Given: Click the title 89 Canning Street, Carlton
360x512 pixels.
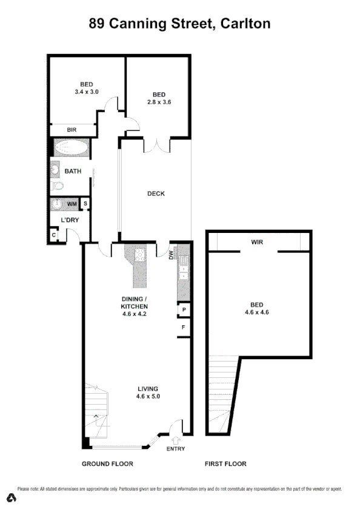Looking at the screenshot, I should pyautogui.click(x=179, y=24).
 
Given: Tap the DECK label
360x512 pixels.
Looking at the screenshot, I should pyautogui.click(x=156, y=194).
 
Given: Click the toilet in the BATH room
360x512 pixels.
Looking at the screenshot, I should pyautogui.click(x=57, y=186).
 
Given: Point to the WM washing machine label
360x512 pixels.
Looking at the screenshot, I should pyautogui.click(x=72, y=204).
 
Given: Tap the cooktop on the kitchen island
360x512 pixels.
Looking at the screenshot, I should pyautogui.click(x=139, y=255).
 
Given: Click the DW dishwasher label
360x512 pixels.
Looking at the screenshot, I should pyautogui.click(x=172, y=255).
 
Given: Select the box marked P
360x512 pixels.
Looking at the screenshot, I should pyautogui.click(x=182, y=310).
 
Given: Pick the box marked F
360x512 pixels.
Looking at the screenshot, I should pyautogui.click(x=182, y=328).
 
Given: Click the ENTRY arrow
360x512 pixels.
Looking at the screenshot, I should pyautogui.click(x=175, y=441).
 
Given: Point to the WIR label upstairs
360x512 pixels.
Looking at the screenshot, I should pyautogui.click(x=258, y=241).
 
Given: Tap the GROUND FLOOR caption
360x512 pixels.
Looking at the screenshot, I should pyautogui.click(x=107, y=463).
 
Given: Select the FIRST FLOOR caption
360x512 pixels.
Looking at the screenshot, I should pyautogui.click(x=225, y=463).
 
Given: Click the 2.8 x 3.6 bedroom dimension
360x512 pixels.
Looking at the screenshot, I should pyautogui.click(x=159, y=102).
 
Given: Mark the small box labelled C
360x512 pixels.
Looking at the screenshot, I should pyautogui.click(x=54, y=234).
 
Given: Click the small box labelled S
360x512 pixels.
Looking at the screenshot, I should pyautogui.click(x=85, y=204).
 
